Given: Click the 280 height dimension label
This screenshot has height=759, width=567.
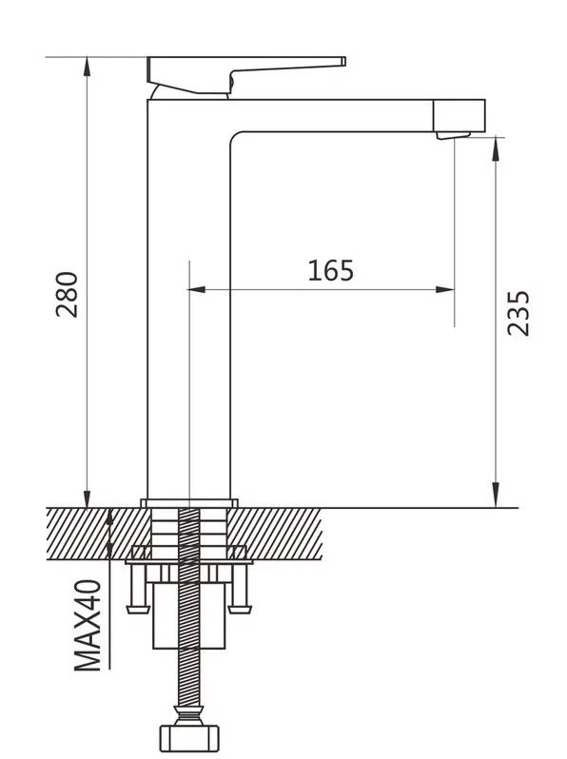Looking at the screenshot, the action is click(x=67, y=294).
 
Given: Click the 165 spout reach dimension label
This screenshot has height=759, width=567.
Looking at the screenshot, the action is click(x=331, y=270).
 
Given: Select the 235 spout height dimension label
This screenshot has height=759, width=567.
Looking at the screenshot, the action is click(x=518, y=313).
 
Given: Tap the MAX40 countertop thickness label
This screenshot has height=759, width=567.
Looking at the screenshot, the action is click(x=88, y=625).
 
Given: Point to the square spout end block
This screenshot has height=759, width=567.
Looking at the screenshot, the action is click(x=459, y=116).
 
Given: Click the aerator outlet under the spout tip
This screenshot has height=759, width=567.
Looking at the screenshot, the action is click(x=453, y=135).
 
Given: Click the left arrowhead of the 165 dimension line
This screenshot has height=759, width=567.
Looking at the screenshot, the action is click(x=196, y=289).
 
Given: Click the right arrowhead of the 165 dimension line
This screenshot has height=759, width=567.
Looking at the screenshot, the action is click(x=445, y=289).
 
